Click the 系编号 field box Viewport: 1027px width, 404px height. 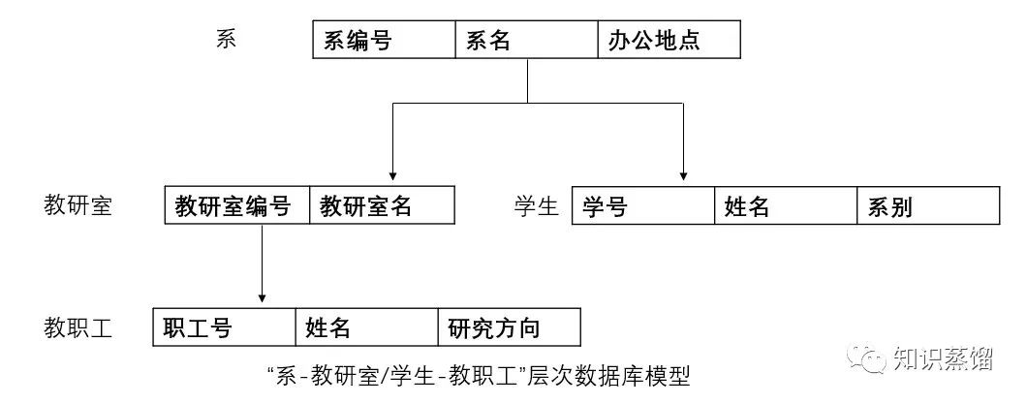point(384,40)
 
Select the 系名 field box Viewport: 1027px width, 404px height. point(527,40)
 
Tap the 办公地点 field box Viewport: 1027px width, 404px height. point(669,40)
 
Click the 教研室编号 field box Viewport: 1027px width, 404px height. point(237,205)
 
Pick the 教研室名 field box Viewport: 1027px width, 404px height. point(382,205)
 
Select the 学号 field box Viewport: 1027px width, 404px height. point(643,205)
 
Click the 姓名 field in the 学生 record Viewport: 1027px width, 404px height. point(786,205)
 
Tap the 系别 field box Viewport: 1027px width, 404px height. point(928,205)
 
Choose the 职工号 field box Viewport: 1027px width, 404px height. point(224,327)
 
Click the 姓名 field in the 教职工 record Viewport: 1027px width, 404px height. point(366,327)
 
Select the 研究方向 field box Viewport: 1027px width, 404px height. point(510,327)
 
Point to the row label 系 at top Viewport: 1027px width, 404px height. point(226,40)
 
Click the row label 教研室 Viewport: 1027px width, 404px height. point(78,205)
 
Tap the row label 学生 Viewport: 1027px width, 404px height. point(536,205)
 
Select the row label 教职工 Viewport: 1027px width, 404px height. point(78,327)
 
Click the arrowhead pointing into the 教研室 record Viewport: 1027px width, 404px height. point(391,174)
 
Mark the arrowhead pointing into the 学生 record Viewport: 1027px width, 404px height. point(684,174)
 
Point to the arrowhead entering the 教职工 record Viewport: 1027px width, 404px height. point(262,296)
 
